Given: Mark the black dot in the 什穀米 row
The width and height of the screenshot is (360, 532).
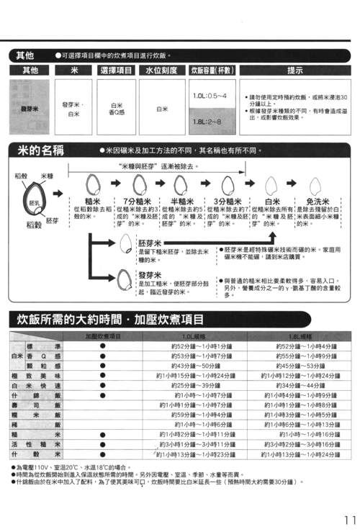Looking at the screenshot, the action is tap(103, 454).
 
